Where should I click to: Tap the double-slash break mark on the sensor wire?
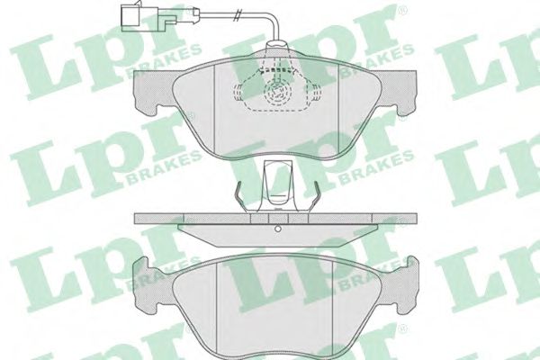pyautogui.click(x=236, y=16)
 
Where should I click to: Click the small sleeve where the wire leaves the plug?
pyautogui.click(x=196, y=13)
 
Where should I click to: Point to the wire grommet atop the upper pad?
pyautogui.click(x=276, y=46)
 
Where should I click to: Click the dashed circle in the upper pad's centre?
pyautogui.click(x=277, y=92)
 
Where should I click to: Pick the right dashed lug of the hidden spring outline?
pyautogui.click(x=317, y=93)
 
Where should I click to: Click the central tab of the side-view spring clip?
pyautogui.click(x=277, y=185)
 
